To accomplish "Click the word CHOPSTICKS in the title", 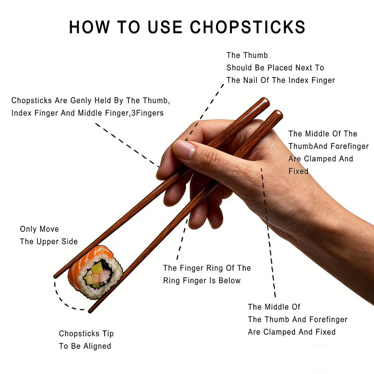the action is pyautogui.click(x=248, y=27).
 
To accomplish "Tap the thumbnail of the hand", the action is pyautogui.click(x=184, y=150).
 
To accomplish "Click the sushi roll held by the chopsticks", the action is pyautogui.click(x=95, y=272).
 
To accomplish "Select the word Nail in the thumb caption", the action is pyautogui.click(x=250, y=80).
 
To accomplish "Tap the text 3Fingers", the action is pyautogui.click(x=147, y=113).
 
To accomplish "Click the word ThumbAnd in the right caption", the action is pyautogui.click(x=305, y=146).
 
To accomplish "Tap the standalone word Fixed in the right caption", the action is pyautogui.click(x=298, y=171).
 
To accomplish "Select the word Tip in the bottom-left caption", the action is pyautogui.click(x=108, y=334).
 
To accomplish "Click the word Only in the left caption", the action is pyautogui.click(x=28, y=229).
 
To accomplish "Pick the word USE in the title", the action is pyautogui.click(x=165, y=27).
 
